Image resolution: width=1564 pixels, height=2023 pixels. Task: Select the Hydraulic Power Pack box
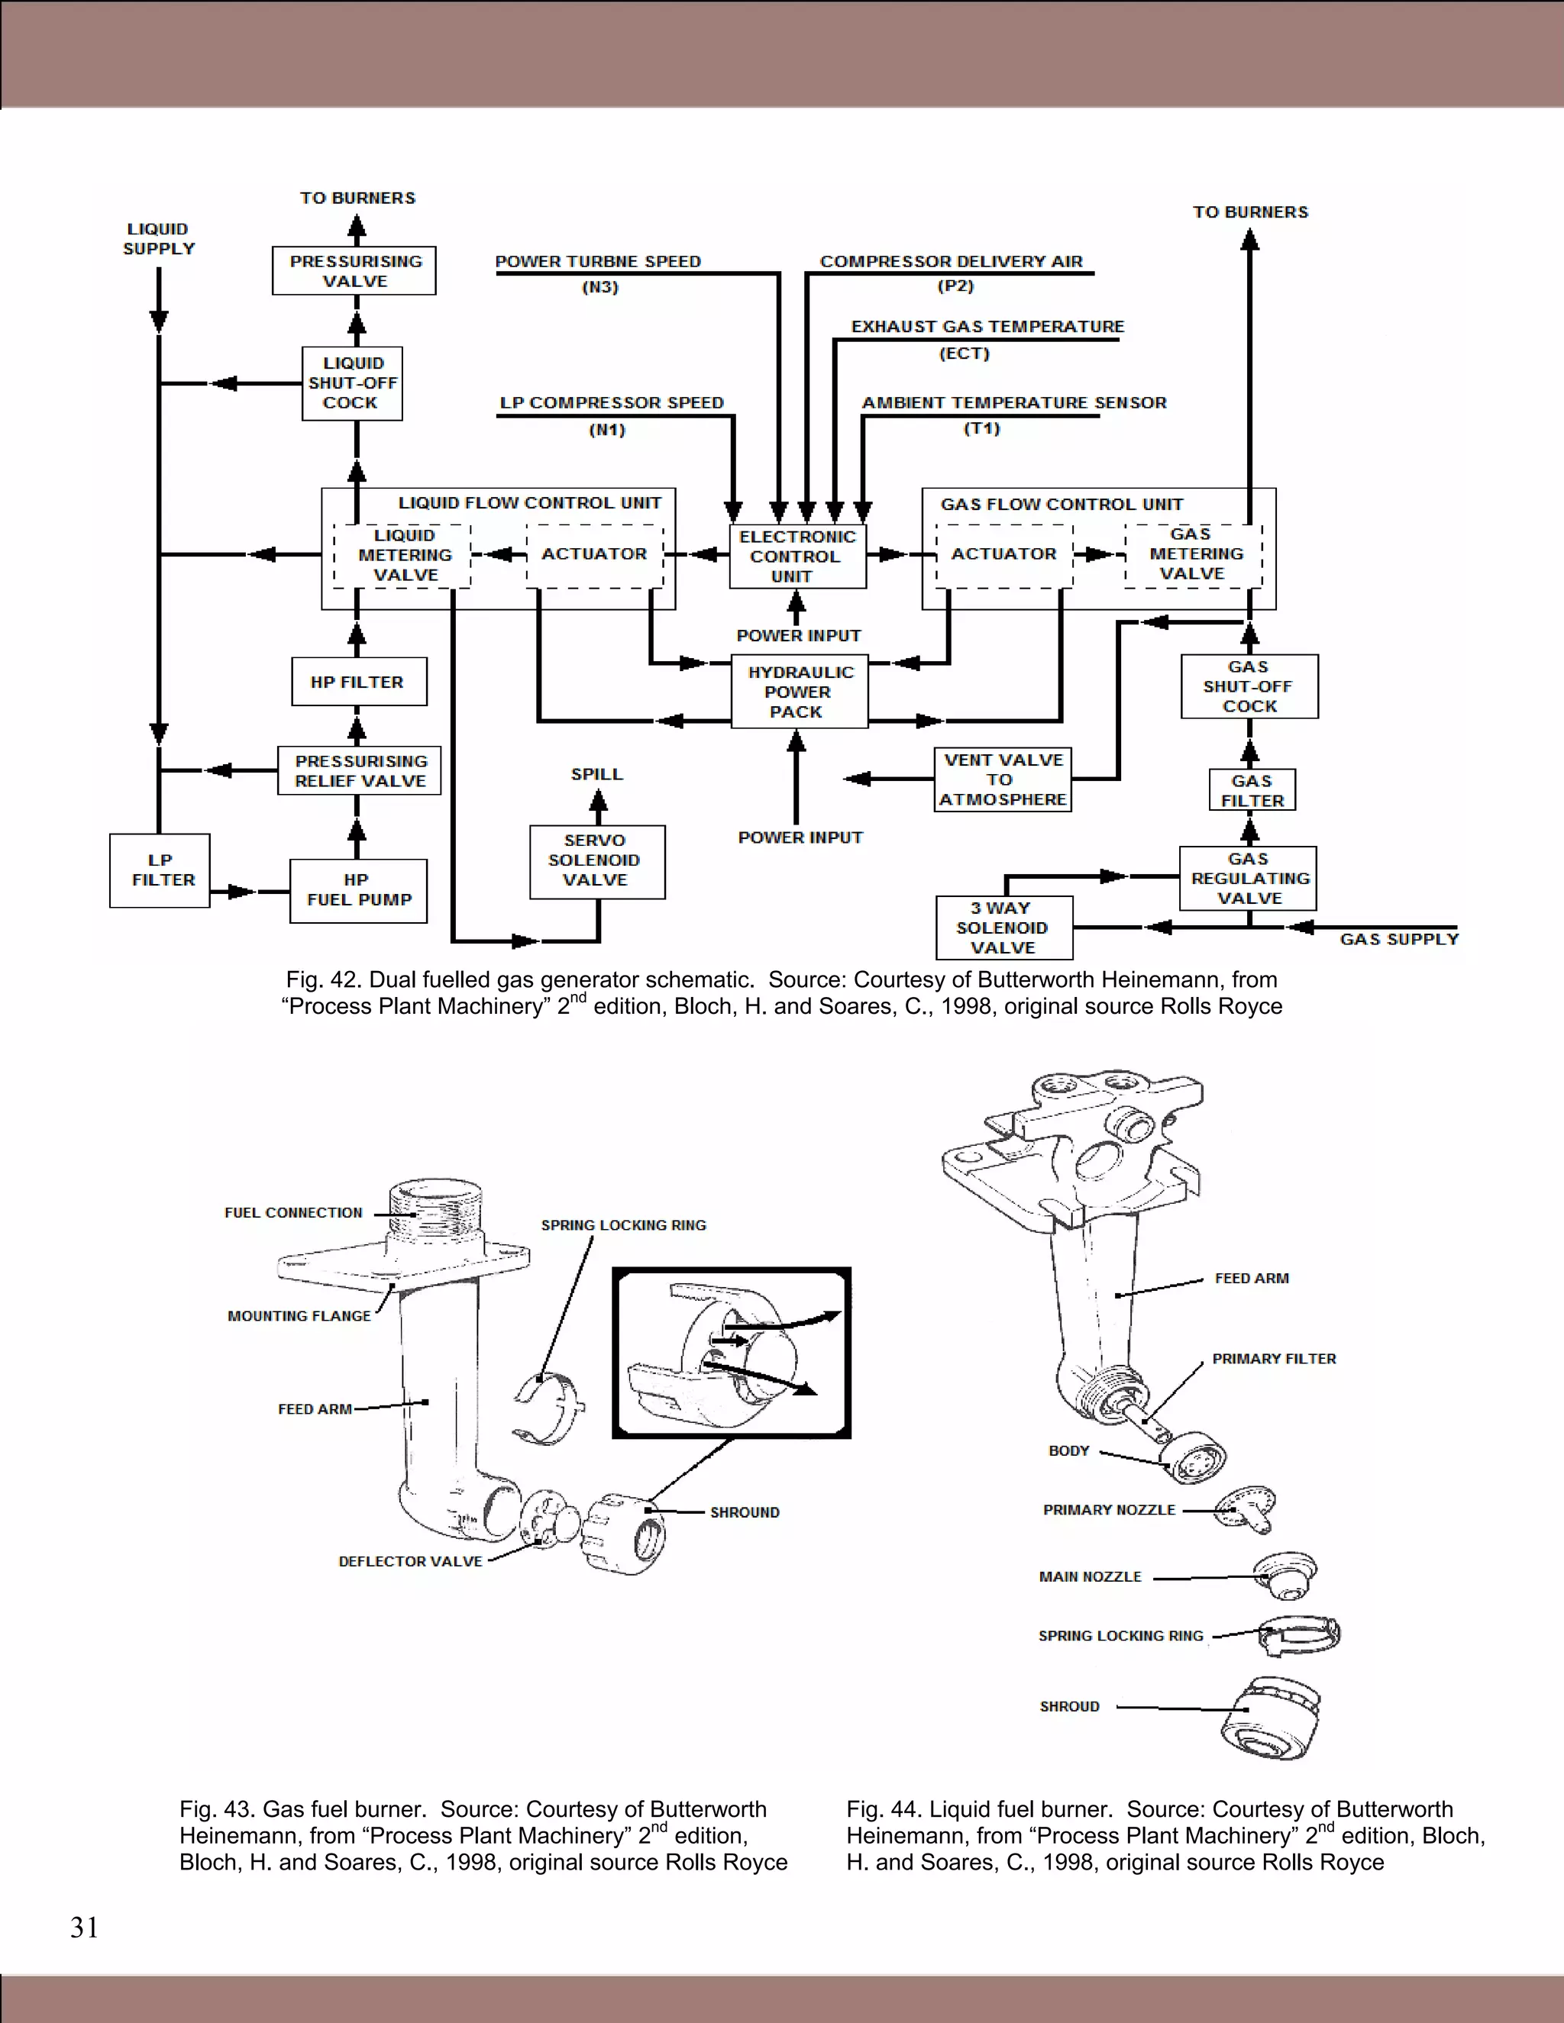pos(799,691)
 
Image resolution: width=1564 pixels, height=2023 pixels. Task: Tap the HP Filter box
pos(359,682)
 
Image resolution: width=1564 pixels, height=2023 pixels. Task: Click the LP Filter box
pos(160,870)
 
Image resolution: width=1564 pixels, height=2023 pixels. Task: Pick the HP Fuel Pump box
pos(359,890)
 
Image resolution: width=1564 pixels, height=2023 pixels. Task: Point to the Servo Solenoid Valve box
pos(596,860)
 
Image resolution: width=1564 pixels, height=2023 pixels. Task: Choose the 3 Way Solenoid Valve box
pos(1003,928)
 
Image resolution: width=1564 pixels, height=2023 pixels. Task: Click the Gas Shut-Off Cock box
pos(1249,686)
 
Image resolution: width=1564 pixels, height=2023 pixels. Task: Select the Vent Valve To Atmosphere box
pos(1003,779)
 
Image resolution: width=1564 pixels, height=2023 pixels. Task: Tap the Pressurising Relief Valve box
pos(360,771)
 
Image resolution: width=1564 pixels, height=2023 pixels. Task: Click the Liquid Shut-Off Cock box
pos(352,382)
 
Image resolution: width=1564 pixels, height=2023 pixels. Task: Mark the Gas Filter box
pos(1252,790)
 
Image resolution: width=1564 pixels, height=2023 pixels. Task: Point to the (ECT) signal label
pos(965,354)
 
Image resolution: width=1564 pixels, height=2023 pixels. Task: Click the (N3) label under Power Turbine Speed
pos(599,287)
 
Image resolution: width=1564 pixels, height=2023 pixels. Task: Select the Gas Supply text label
pos(1398,939)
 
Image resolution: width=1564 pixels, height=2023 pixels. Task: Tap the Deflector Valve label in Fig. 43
pos(409,1561)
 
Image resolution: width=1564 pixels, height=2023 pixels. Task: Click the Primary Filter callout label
pos(1274,1359)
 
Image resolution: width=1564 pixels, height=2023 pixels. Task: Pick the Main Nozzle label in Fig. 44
pos(1090,1576)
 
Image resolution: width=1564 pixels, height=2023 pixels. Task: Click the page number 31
pos(84,1928)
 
